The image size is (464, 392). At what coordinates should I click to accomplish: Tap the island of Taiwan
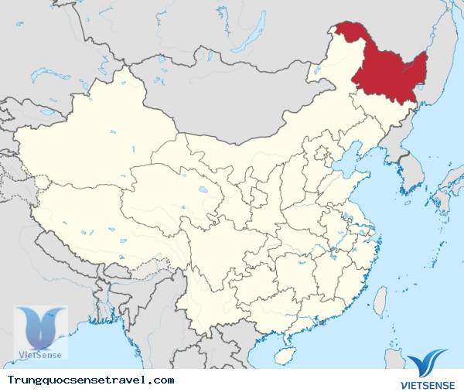(x=380, y=300)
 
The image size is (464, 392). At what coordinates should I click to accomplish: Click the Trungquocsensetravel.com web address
(x=90, y=381)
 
